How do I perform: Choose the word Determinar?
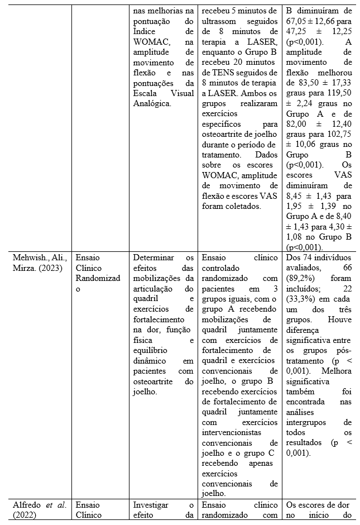click(x=152, y=257)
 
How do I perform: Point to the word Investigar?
click(x=151, y=505)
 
